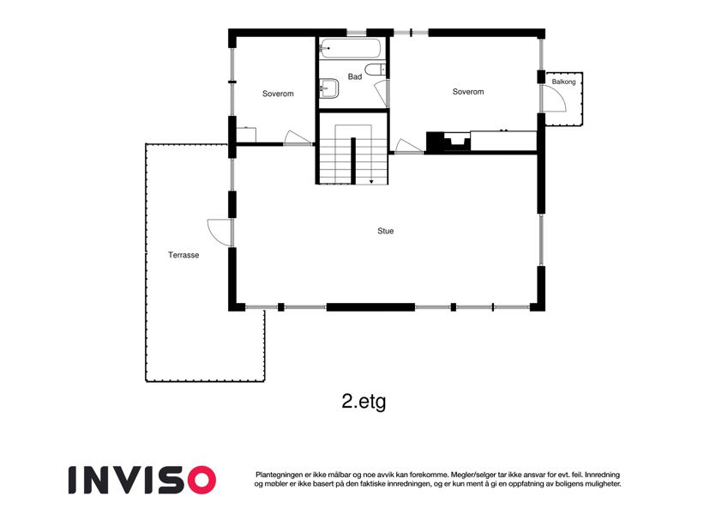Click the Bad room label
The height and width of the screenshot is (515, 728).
pos(355,76)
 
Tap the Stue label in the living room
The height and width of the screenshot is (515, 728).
pos(385,231)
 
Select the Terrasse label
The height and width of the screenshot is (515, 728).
pos(184,255)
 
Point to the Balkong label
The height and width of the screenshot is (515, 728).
pos(563,82)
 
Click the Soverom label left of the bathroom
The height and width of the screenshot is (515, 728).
pos(278,94)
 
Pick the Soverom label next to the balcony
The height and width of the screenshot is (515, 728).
pos(468,92)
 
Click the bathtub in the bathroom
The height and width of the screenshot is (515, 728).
pos(351,48)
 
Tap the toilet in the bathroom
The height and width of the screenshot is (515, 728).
pos(376,70)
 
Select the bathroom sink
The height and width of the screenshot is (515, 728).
pos(328,88)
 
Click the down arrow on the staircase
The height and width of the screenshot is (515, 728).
pos(371,181)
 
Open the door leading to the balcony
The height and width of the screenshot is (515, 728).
pos(554,100)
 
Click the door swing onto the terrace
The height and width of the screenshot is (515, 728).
pos(219,232)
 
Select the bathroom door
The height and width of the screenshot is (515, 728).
pos(382,93)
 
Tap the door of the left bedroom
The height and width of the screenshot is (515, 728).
pos(298,137)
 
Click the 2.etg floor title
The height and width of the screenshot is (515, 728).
pos(364,402)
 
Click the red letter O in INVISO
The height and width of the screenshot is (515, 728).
pos(202,480)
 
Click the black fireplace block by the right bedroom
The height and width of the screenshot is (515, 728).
pos(436,142)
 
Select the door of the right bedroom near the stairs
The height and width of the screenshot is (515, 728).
pos(408,146)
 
